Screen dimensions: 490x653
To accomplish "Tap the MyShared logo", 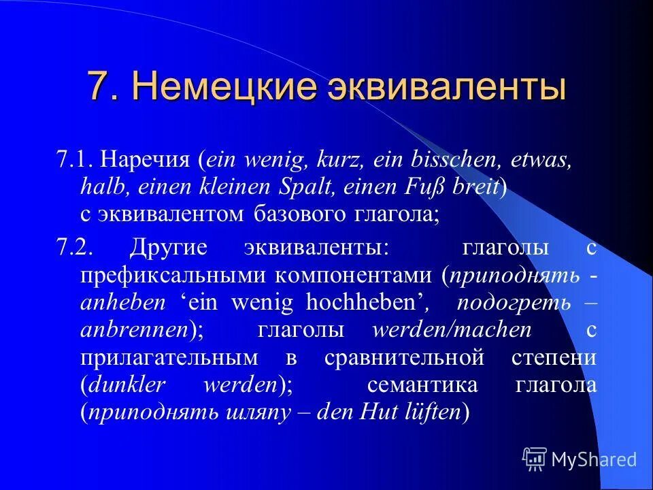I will point(580,459).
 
